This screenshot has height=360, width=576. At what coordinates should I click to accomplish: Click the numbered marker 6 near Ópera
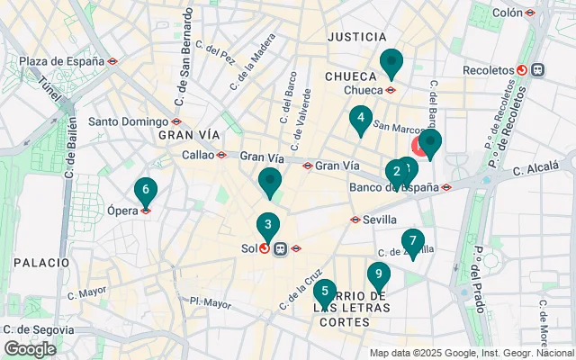(145, 191)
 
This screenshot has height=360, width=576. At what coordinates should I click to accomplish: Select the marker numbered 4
(361, 119)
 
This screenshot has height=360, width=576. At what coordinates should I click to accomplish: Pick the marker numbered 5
(325, 292)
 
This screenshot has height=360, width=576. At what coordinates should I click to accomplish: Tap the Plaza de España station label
(61, 61)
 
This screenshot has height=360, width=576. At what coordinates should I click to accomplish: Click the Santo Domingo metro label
(128, 121)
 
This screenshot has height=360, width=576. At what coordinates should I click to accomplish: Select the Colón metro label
(508, 13)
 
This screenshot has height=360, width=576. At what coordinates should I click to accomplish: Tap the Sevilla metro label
(381, 219)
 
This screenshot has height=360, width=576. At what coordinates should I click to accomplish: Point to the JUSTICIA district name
(356, 37)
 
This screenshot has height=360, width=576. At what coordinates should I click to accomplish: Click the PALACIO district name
(41, 262)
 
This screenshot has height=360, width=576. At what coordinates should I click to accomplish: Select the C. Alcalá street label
(537, 169)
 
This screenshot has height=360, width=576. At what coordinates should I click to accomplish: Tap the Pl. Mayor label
(211, 303)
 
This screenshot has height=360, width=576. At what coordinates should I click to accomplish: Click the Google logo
(30, 349)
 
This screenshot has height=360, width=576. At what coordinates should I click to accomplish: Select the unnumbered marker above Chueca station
(391, 63)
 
